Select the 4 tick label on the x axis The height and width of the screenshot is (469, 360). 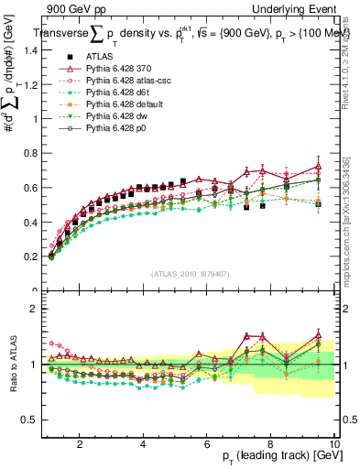(x=144, y=443)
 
